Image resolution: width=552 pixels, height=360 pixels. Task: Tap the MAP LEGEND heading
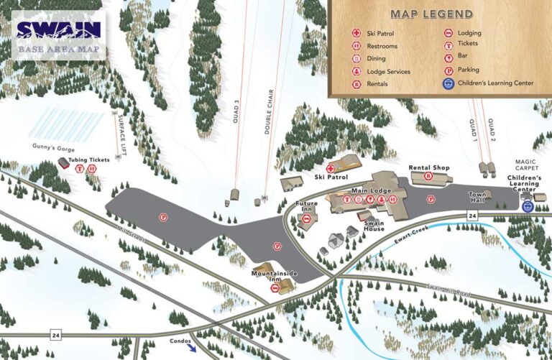pos(431,14)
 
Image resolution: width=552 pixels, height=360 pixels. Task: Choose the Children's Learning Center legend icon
pos(448,83)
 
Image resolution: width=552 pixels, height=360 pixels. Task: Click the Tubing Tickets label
pos(89,160)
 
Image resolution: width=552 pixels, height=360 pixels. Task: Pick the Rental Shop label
pos(429,167)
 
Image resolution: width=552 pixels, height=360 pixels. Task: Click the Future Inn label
pos(307,207)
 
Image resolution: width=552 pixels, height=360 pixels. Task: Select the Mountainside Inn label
pos(275,274)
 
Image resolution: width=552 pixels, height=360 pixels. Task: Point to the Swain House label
pos(374,226)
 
